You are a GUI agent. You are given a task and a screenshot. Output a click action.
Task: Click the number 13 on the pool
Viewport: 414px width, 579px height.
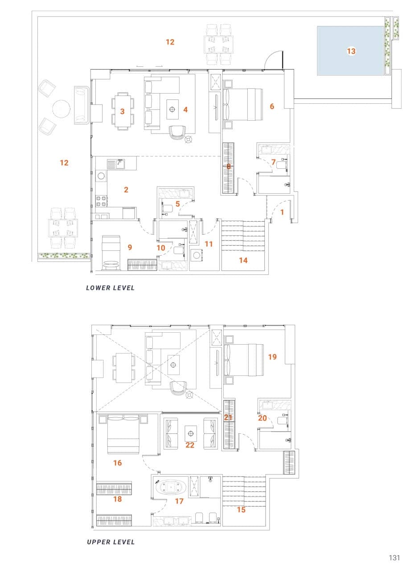coord(351,51)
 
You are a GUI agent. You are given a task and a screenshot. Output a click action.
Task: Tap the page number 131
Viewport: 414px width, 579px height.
coord(394,558)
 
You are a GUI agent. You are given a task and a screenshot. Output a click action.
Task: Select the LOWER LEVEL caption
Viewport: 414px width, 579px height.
coord(110,288)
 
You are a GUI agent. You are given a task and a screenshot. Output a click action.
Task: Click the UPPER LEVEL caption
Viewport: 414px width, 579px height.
coord(111,542)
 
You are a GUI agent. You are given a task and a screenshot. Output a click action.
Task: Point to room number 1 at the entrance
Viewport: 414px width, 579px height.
coord(282,212)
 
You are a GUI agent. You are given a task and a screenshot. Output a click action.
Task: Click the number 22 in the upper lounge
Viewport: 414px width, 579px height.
coord(190,445)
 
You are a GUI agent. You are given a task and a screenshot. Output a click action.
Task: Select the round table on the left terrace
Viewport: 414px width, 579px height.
coord(61,108)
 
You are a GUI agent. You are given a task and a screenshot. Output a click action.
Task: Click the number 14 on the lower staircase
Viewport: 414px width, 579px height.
coord(243,260)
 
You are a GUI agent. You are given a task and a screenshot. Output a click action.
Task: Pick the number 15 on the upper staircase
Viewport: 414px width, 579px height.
coord(241,510)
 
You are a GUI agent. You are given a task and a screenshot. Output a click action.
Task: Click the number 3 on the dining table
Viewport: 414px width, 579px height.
coord(122,111)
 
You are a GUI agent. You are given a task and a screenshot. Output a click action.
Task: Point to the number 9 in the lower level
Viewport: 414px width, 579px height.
coord(130,247)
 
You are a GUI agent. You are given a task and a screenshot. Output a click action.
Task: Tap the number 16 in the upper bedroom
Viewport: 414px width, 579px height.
coord(117,463)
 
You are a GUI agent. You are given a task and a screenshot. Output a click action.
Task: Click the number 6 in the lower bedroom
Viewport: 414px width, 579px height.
coord(272,106)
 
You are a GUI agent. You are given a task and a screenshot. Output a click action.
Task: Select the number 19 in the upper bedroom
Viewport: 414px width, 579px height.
coord(272,357)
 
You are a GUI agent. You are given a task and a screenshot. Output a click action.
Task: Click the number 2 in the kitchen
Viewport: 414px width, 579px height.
coord(126,190)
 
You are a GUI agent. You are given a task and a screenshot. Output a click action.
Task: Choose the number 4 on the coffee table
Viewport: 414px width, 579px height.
coord(185,109)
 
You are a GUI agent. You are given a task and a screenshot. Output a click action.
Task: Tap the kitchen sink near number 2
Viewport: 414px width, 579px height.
coord(119,163)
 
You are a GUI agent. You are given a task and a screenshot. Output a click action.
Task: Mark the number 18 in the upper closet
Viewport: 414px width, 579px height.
coord(117,499)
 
